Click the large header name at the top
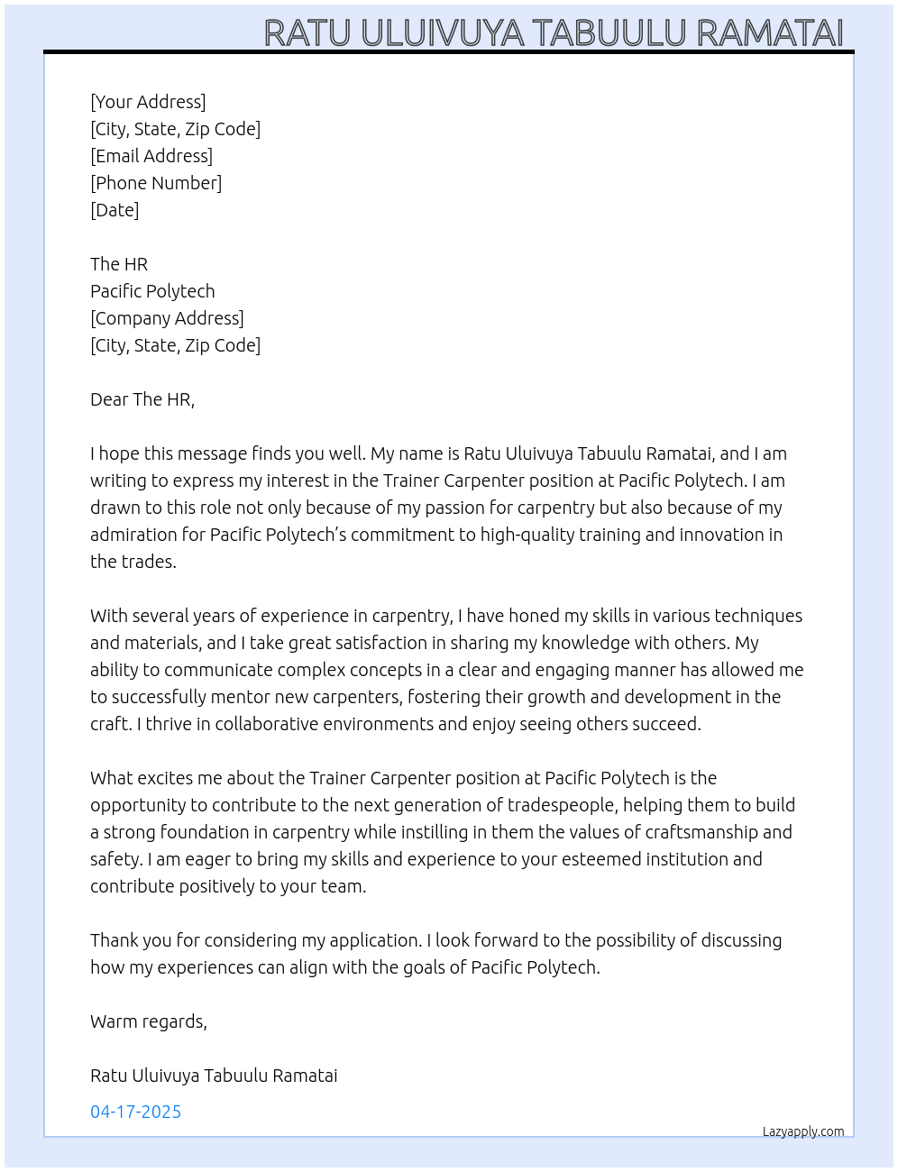point(553,33)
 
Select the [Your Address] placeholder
point(148,102)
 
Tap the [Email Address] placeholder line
point(151,156)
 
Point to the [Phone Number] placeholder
point(156,183)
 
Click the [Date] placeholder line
point(115,210)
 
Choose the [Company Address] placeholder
point(167,318)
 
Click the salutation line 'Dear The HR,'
point(142,399)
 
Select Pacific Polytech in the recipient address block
point(152,291)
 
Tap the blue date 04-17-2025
point(135,1112)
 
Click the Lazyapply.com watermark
point(803,1131)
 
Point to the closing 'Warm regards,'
point(149,1021)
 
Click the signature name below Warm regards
point(214,1076)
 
